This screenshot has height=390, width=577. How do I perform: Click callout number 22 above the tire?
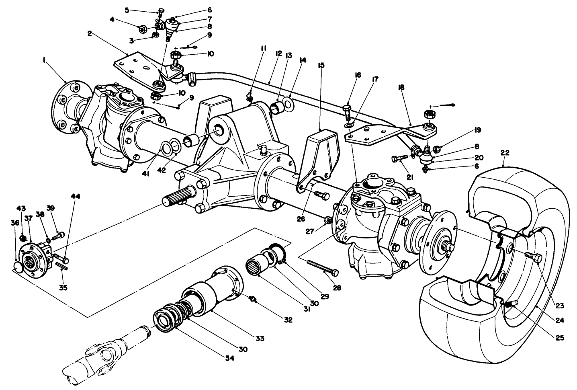(x=505, y=153)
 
